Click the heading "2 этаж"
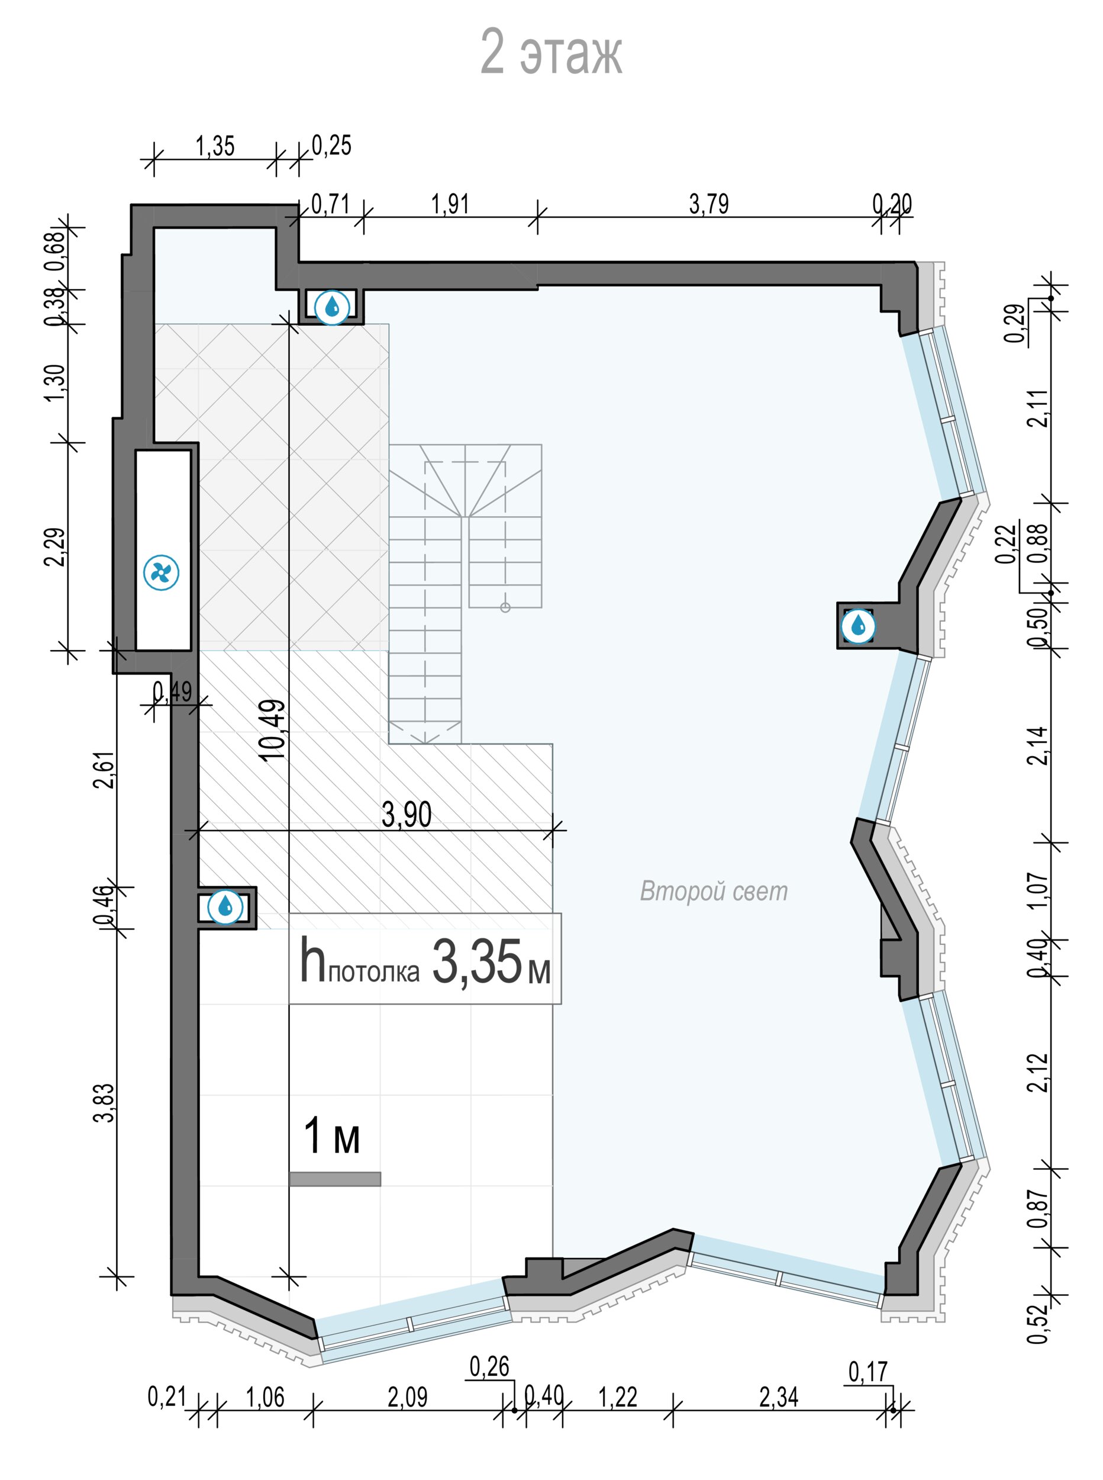[x=551, y=52]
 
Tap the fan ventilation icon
[x=162, y=572]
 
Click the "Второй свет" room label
[x=714, y=891]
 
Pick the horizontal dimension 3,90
[x=407, y=814]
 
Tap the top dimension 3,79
[x=709, y=204]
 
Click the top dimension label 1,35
[x=215, y=146]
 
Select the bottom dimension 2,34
[x=779, y=1397]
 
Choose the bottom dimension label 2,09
[x=407, y=1397]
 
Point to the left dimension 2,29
[x=56, y=546]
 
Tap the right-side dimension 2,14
[x=1039, y=745]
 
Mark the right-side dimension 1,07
[x=1039, y=890]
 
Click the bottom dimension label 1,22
[x=618, y=1397]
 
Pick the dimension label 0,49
[x=172, y=691]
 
